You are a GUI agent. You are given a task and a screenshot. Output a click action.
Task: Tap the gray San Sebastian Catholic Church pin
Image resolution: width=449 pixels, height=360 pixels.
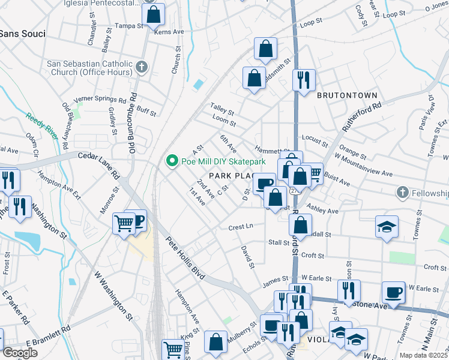click(x=142, y=67)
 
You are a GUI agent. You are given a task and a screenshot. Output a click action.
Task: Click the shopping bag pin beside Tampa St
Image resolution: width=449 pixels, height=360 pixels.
click(x=154, y=15)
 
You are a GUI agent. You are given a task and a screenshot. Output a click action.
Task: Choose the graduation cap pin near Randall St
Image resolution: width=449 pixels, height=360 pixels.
click(x=387, y=227)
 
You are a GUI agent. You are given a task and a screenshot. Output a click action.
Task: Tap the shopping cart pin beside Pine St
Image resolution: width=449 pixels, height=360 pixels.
click(x=172, y=350)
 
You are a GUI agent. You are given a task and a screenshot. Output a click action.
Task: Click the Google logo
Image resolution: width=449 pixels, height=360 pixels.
click(x=20, y=352)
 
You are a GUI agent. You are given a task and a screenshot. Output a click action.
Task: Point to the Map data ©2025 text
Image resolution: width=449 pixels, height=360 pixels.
click(x=423, y=355)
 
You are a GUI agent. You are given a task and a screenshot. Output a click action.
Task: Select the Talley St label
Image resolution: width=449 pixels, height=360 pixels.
click(x=221, y=109)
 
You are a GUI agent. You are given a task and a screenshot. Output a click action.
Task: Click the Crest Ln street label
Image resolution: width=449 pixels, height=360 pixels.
click(x=241, y=227)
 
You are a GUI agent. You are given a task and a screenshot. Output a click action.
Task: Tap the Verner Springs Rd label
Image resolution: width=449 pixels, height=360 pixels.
click(x=100, y=100)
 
